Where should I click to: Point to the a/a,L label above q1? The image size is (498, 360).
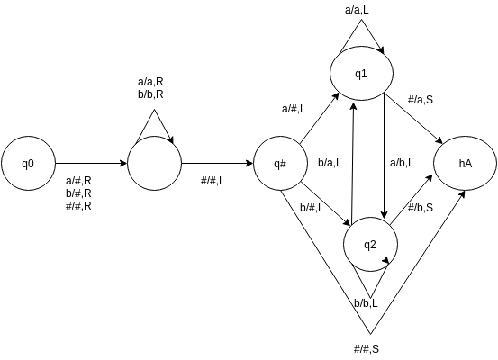pyautogui.click(x=357, y=10)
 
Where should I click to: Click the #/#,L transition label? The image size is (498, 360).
pyautogui.click(x=213, y=181)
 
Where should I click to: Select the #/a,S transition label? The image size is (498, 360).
pyautogui.click(x=421, y=100)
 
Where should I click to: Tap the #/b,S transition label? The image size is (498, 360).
pyautogui.click(x=421, y=208)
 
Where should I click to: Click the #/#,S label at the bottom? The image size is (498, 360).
pyautogui.click(x=367, y=349)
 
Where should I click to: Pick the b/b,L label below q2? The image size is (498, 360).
pyautogui.click(x=367, y=303)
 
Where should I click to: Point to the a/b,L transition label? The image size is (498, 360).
pyautogui.click(x=402, y=163)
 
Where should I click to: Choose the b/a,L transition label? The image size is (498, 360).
pyautogui.click(x=330, y=163)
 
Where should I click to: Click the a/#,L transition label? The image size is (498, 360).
pyautogui.click(x=294, y=109)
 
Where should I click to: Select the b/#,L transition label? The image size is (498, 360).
pyautogui.click(x=312, y=208)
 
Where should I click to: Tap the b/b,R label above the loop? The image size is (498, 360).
pyautogui.click(x=150, y=94)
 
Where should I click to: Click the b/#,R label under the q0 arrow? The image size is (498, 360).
pyautogui.click(x=78, y=193)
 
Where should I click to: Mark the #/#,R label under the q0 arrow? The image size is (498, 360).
pyautogui.click(x=78, y=206)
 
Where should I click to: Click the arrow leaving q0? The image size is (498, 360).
pyautogui.click(x=92, y=164)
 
